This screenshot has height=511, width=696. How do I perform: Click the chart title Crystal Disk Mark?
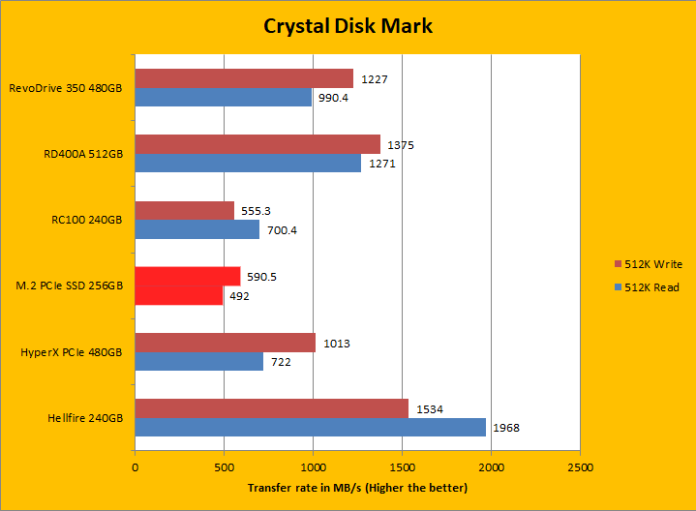point(348,26)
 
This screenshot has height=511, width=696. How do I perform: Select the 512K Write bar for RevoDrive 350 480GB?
point(244,78)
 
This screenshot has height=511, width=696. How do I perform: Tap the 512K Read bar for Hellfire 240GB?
point(310,427)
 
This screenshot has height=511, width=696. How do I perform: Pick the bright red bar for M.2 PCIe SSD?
point(187,276)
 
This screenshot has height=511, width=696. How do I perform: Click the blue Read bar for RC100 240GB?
point(197,229)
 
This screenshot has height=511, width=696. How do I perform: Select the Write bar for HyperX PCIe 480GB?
point(225,342)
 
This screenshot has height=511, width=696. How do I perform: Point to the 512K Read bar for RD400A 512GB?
point(248,164)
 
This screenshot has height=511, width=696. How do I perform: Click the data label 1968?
point(507,428)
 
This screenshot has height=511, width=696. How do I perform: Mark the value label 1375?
point(401,145)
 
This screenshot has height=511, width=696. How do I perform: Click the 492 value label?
point(238,295)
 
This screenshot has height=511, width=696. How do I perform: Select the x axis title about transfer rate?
point(357,488)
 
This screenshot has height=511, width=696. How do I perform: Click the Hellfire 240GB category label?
point(85,417)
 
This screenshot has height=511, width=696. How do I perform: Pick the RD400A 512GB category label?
point(84,154)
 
